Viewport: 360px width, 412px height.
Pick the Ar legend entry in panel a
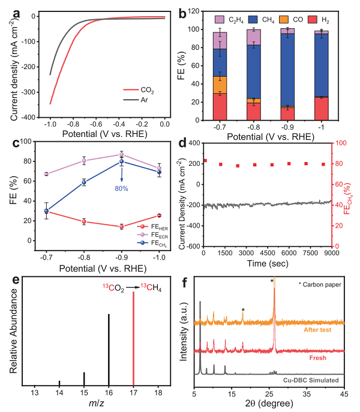coord(145,101)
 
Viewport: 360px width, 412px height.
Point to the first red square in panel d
coord(205,160)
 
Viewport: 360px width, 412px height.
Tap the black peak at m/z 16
coord(109,348)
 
